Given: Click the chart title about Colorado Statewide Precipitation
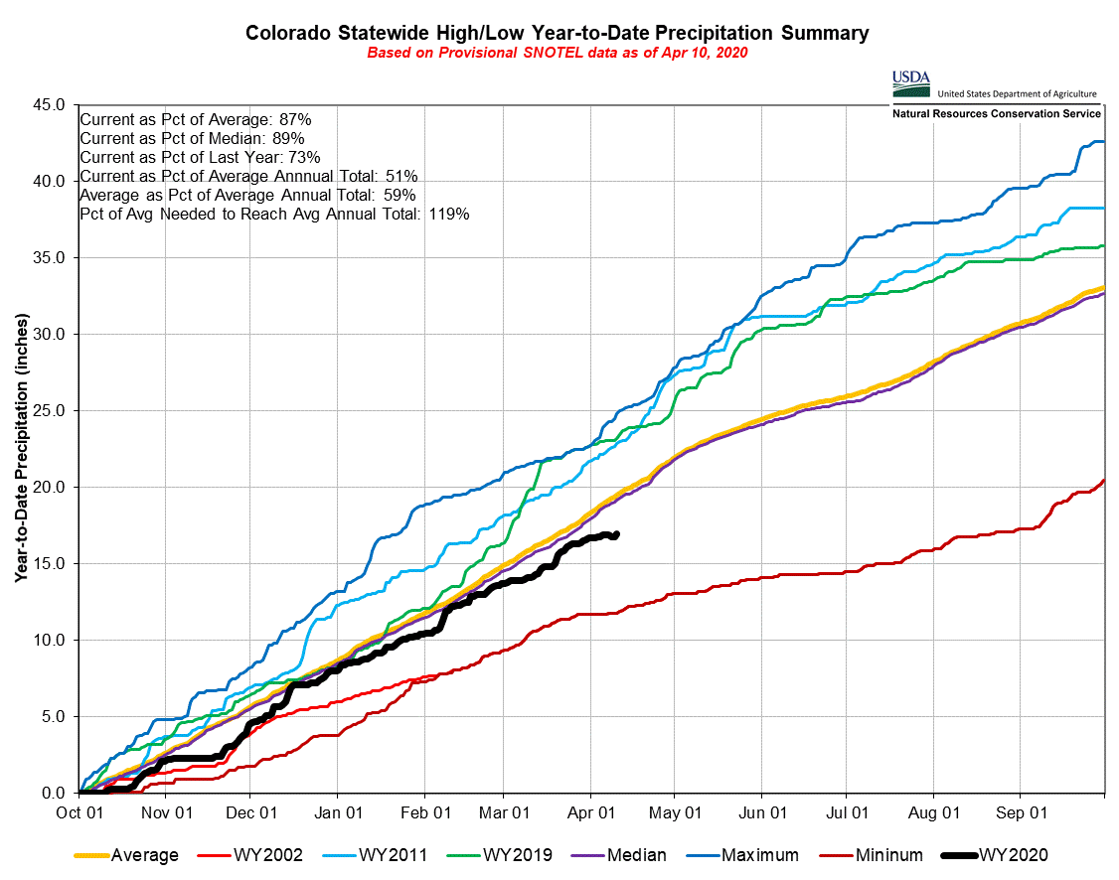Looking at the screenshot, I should (558, 33).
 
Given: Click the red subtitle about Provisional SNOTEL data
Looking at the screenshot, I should (558, 53).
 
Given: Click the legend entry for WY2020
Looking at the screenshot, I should (1013, 855).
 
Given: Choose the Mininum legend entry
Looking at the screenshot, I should (889, 855).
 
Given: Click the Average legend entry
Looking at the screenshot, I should (145, 855).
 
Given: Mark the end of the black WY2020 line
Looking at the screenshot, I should (617, 534).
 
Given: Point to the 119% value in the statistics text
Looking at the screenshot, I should (448, 214).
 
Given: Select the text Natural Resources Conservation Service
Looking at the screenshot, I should (995, 114).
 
